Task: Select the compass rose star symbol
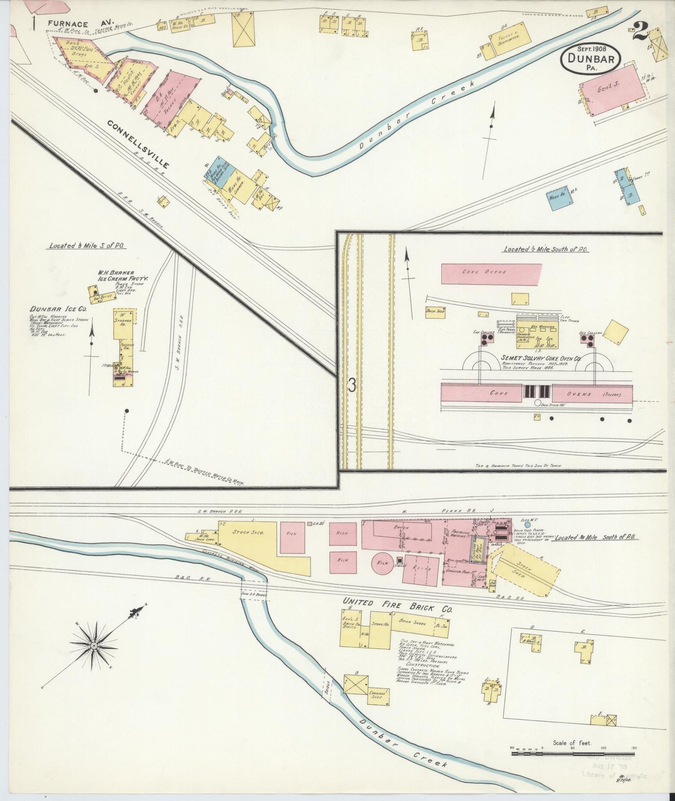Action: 93,645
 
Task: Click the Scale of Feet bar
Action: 572,754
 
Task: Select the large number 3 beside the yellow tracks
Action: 352,385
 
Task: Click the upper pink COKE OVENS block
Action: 491,273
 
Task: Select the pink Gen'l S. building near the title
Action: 612,90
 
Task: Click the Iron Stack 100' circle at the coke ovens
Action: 537,403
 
